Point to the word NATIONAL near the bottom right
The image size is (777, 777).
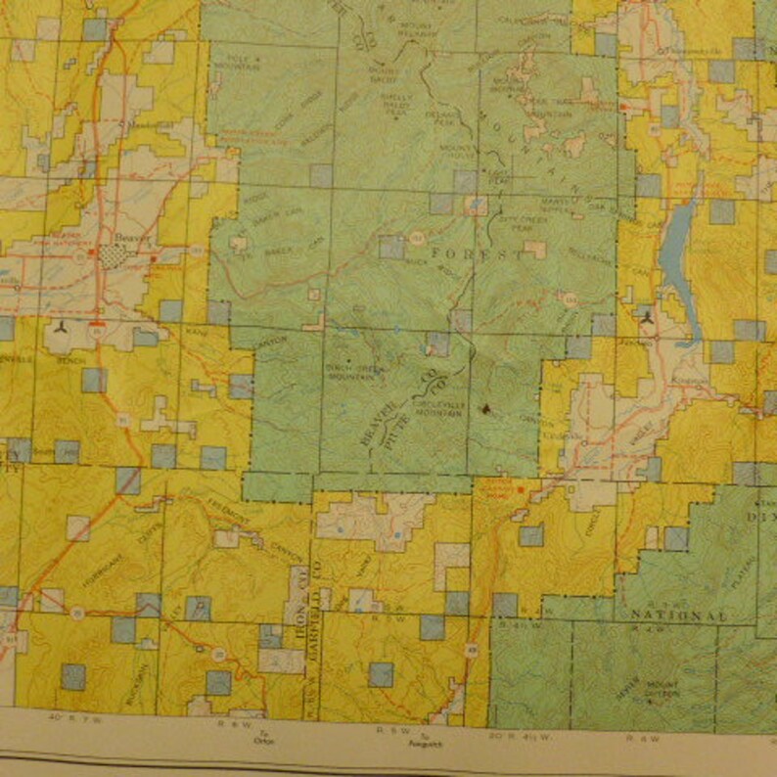pos(680,617)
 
